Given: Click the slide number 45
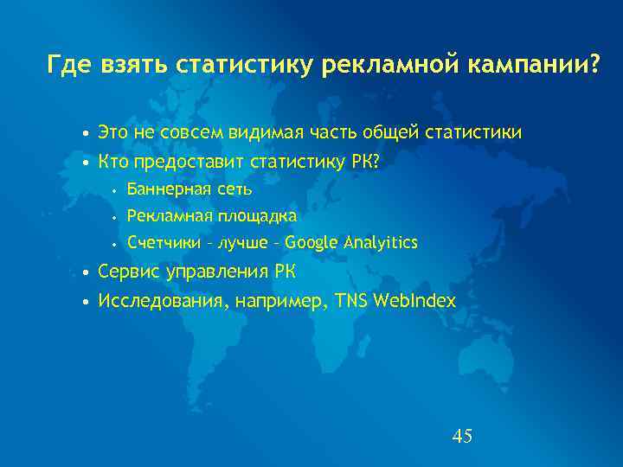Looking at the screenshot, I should [x=462, y=436].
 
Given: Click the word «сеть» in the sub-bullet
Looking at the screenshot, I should [x=234, y=189].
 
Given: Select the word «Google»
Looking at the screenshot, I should [x=313, y=243].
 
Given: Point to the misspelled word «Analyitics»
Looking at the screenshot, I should [x=382, y=243].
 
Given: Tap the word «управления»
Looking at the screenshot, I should [x=216, y=272].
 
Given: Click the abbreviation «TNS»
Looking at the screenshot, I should [x=350, y=300].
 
